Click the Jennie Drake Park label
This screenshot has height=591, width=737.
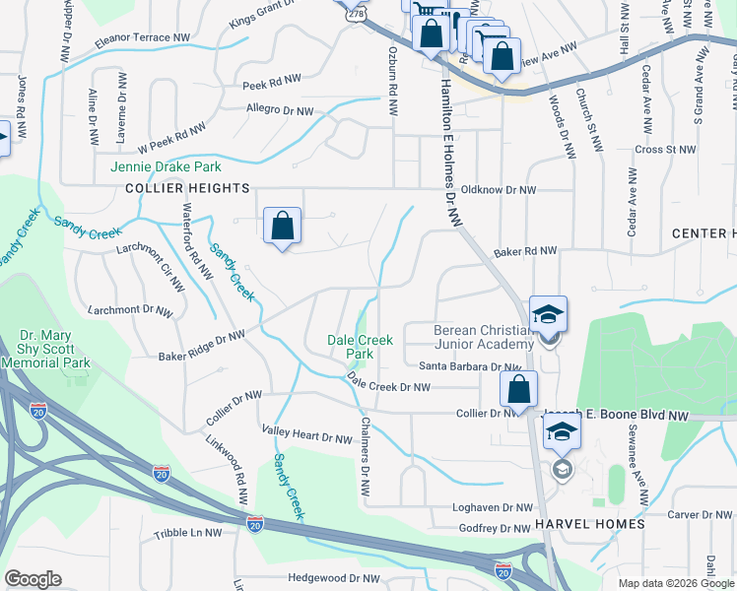coord(166,166)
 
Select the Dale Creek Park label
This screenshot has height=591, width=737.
coord(361,346)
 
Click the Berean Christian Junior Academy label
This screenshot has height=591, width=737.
coord(483,336)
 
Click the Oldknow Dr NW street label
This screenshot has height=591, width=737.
coord(499,189)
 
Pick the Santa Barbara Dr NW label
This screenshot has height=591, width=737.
coord(469,366)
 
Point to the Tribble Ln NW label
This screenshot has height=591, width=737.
coord(188,533)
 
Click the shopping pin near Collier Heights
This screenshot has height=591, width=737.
coord(283,227)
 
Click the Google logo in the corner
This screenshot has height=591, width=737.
coord(33,579)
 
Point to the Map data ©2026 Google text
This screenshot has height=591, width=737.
coord(675,583)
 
